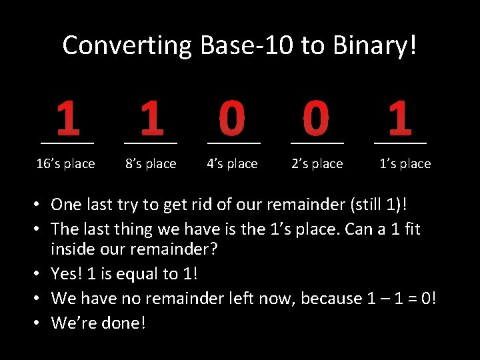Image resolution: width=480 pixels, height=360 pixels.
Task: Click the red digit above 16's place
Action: (67, 117)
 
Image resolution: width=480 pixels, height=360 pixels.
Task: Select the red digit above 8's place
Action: (151, 117)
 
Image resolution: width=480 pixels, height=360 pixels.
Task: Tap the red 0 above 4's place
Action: (232, 117)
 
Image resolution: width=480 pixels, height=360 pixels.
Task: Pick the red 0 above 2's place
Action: (315, 117)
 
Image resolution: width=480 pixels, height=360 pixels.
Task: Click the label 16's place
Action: (65, 164)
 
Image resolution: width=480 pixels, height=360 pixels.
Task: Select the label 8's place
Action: (151, 164)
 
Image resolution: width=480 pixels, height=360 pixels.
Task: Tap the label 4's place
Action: (232, 164)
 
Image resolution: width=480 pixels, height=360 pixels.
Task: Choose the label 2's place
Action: (317, 164)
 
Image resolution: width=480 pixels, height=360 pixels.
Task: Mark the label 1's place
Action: (405, 164)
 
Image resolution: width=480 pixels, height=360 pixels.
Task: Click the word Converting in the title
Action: (125, 45)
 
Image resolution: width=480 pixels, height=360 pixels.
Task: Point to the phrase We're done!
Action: (98, 323)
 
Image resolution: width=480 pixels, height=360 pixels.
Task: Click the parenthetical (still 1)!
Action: (376, 204)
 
